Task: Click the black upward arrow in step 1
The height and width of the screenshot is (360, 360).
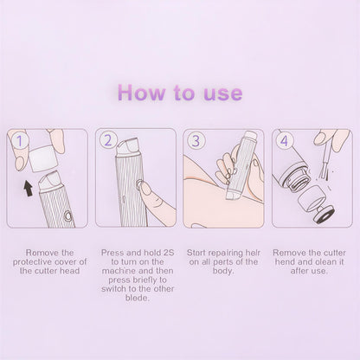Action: [x=29, y=185]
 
